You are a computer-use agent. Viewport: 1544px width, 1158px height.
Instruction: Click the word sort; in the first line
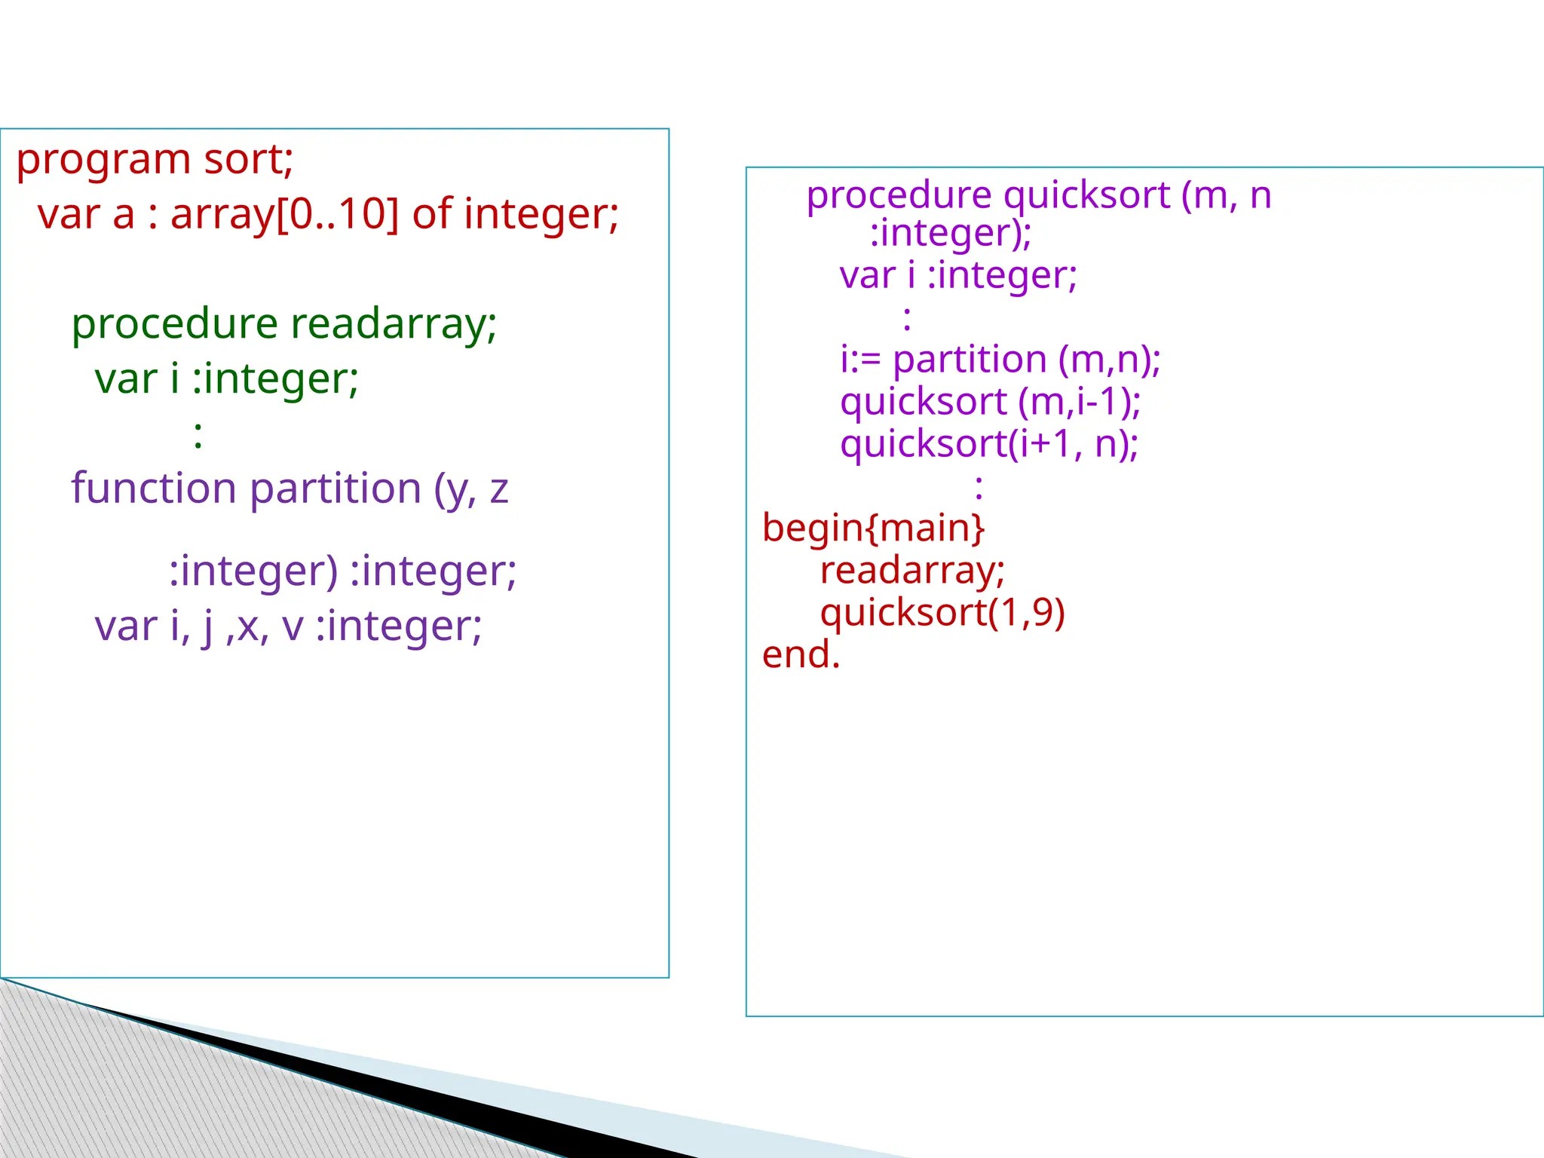248,160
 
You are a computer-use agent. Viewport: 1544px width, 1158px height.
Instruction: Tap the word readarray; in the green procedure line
394,324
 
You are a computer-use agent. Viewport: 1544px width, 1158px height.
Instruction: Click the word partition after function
335,489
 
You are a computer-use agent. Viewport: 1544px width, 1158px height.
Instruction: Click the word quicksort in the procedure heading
1086,195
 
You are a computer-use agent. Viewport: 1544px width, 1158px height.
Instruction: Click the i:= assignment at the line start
860,360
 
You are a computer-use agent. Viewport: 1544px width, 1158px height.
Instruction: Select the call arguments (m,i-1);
1079,402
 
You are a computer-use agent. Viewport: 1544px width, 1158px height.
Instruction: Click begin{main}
873,528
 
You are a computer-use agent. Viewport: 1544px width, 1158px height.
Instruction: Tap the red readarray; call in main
912,571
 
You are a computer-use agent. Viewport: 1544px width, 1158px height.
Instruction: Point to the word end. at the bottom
801,654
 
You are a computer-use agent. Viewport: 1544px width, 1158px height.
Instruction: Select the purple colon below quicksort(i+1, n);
979,486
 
